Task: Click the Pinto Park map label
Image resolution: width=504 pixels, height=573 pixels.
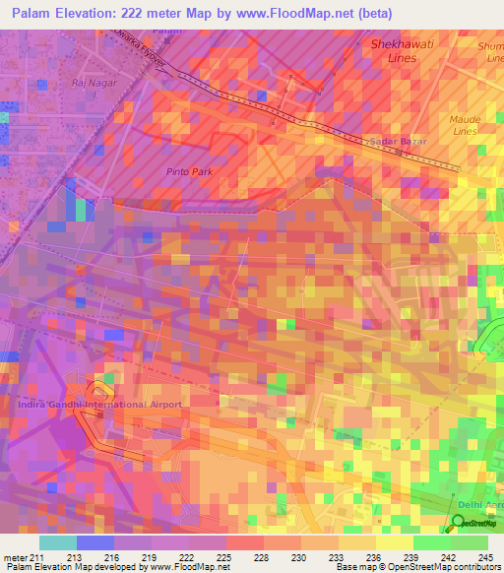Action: coord(189,171)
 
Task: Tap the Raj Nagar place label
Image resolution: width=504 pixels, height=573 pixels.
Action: coord(94,83)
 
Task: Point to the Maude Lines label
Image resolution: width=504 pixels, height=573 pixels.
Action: coord(464,125)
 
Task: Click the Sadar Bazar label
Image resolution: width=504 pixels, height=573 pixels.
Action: coord(394,142)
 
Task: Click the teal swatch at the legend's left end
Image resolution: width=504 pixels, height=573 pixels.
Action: coord(57,542)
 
